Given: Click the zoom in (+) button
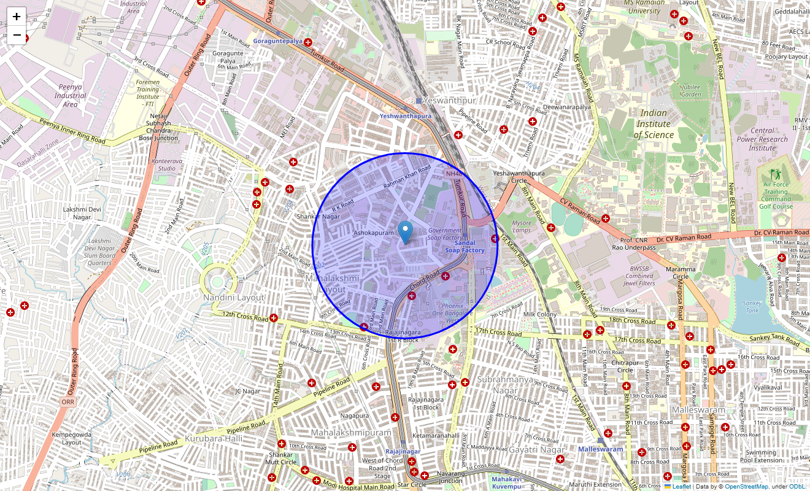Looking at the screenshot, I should [17, 17].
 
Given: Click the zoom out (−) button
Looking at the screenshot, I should [17, 35].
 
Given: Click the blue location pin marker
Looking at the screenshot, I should [405, 233].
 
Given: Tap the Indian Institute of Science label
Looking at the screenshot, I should [654, 123].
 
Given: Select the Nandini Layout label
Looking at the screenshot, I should [234, 297].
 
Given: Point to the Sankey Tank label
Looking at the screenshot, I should [752, 306].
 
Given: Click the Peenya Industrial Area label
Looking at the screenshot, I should [70, 96].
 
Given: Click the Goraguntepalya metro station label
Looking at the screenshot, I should [278, 41].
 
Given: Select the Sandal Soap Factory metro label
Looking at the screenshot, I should [465, 247].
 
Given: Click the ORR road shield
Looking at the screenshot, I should [68, 401].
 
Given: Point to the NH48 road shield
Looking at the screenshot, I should [453, 174].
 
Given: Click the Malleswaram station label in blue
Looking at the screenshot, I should [600, 449].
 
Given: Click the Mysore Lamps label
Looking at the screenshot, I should [522, 226].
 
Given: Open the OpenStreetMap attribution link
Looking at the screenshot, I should [746, 486].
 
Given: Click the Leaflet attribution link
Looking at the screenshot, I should [681, 486].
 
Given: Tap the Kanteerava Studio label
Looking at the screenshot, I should [166, 164].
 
